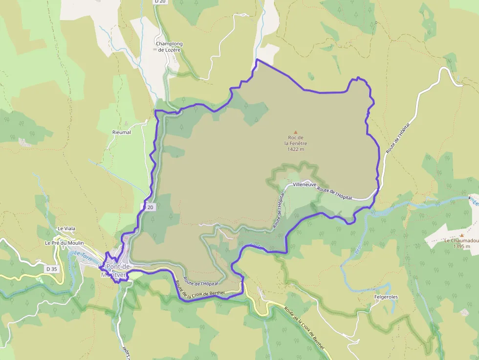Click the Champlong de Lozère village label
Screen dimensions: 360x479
pyautogui.click(x=169, y=46)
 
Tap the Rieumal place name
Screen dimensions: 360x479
pyautogui.click(x=121, y=132)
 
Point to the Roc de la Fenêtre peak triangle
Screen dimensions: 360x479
pyautogui.click(x=295, y=132)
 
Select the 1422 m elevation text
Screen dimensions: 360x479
pyautogui.click(x=296, y=149)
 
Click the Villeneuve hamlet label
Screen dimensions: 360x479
pyautogui.click(x=305, y=185)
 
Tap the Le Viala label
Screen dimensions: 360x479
pyautogui.click(x=66, y=228)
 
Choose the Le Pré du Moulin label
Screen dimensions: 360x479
pyautogui.click(x=64, y=243)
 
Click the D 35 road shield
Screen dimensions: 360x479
pyautogui.click(x=51, y=269)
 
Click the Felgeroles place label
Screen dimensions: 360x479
pyautogui.click(x=386, y=296)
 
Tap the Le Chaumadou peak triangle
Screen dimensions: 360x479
pyautogui.click(x=461, y=235)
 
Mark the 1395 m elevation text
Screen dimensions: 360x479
pyautogui.click(x=461, y=247)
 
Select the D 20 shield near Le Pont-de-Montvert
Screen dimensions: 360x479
pyautogui.click(x=149, y=207)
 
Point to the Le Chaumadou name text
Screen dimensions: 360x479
pyautogui.click(x=461, y=241)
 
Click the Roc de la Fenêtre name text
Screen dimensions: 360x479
pyautogui.click(x=296, y=140)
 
